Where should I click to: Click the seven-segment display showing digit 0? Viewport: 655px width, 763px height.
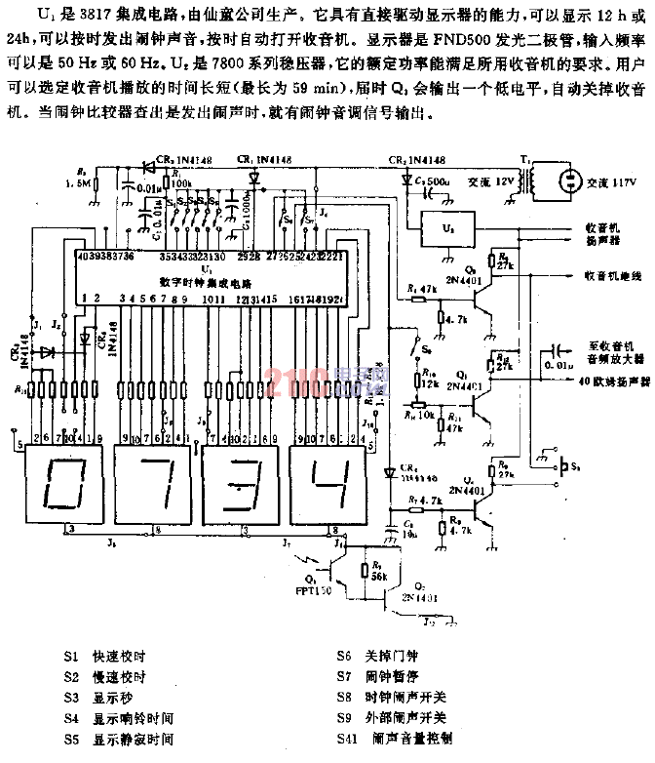coord(60,478)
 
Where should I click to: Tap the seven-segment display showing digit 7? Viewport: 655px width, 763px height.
coord(150,478)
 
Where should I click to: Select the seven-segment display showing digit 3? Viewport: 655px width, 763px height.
coord(236,478)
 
